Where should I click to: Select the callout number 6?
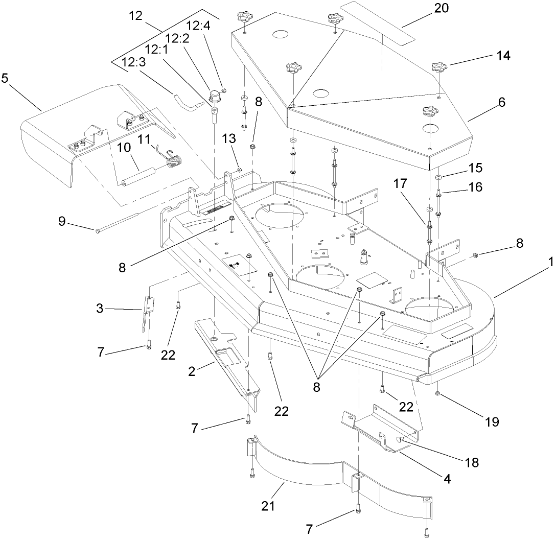click(502, 102)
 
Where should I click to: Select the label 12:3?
click(133, 62)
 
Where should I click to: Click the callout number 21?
click(268, 506)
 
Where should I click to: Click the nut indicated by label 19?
click(439, 393)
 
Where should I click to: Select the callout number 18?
click(472, 462)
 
